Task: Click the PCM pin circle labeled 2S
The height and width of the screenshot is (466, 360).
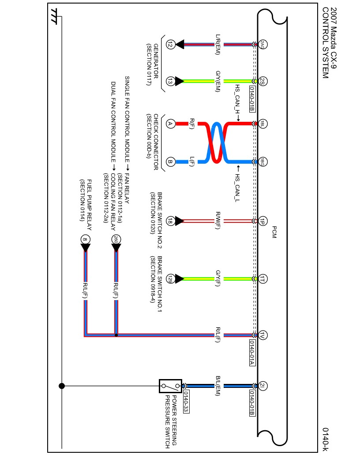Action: [262, 81]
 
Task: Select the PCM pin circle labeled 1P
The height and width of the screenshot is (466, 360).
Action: [262, 221]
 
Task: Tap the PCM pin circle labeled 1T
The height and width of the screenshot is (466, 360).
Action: [262, 278]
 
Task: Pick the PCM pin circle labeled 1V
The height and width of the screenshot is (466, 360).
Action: [262, 335]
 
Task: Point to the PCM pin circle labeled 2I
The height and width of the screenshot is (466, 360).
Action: [262, 385]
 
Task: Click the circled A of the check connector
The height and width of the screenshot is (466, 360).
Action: [170, 124]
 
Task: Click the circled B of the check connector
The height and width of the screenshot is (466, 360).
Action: [170, 162]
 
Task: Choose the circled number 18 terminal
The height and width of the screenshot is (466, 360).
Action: [170, 221]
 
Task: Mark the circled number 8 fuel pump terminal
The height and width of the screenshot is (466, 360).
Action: [85, 240]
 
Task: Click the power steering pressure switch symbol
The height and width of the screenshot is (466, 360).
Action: [170, 386]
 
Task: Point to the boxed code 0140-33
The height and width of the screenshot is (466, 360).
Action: [186, 402]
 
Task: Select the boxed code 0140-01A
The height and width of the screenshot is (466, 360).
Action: [252, 353]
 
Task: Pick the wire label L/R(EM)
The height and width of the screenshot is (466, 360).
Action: [217, 44]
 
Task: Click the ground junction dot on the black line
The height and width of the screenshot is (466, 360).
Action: [62, 385]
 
